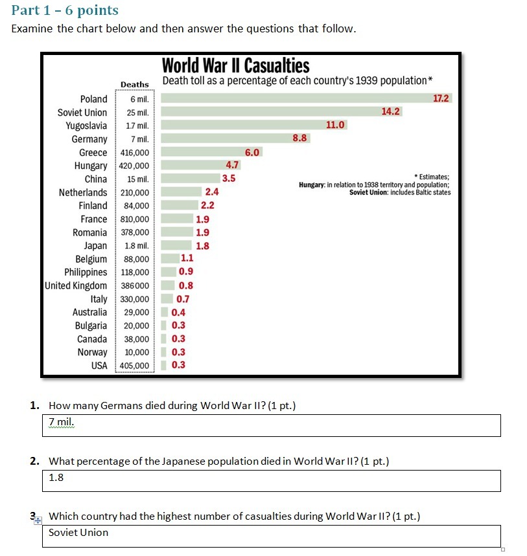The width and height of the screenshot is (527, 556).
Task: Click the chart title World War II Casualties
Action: [235, 66]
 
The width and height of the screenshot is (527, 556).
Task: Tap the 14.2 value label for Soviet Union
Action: [390, 111]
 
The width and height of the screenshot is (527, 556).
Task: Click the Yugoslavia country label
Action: [86, 126]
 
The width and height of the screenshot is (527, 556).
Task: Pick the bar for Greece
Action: [202, 152]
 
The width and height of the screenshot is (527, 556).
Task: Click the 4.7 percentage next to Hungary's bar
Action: [233, 165]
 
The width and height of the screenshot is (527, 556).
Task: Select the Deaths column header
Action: [134, 85]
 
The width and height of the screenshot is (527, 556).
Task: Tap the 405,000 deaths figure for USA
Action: [135, 366]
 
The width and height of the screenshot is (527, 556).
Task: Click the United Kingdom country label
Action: [76, 286]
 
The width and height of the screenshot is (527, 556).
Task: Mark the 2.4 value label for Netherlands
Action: [211, 192]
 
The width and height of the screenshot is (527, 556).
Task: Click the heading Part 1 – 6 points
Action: [65, 10]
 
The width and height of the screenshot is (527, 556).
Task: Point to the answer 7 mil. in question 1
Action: [62, 422]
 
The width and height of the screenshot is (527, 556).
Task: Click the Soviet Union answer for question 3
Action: [78, 533]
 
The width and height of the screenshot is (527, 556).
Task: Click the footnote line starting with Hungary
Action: [374, 185]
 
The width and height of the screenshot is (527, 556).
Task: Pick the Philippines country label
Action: [86, 272]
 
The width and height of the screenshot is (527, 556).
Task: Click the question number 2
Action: [34, 461]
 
